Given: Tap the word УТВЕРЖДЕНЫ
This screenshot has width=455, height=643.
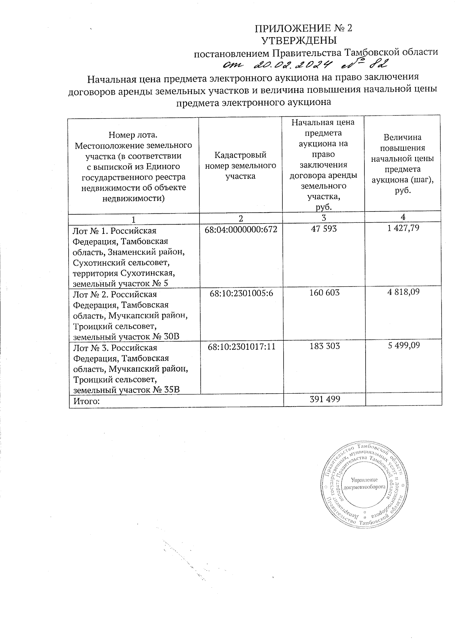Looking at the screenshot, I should pyautogui.click(x=300, y=40).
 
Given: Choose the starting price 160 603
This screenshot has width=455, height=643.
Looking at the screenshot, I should pyautogui.click(x=325, y=293).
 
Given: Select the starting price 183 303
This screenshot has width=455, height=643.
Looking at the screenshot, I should pyautogui.click(x=325, y=346).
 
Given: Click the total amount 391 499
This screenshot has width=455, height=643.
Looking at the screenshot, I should pyautogui.click(x=325, y=399).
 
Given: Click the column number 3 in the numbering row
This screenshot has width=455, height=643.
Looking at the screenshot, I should pyautogui.click(x=323, y=217).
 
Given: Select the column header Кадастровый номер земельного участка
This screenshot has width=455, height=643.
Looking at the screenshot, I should pyautogui.click(x=240, y=166).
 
